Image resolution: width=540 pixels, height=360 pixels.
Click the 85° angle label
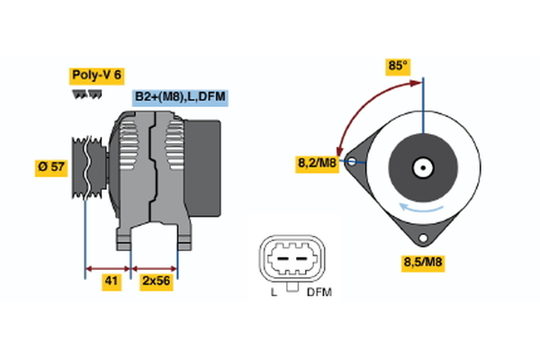[398, 66]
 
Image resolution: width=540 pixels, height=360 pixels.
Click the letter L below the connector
[274, 293]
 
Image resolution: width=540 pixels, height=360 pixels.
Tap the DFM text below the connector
[318, 293]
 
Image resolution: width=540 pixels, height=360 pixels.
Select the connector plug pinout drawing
[291, 260]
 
